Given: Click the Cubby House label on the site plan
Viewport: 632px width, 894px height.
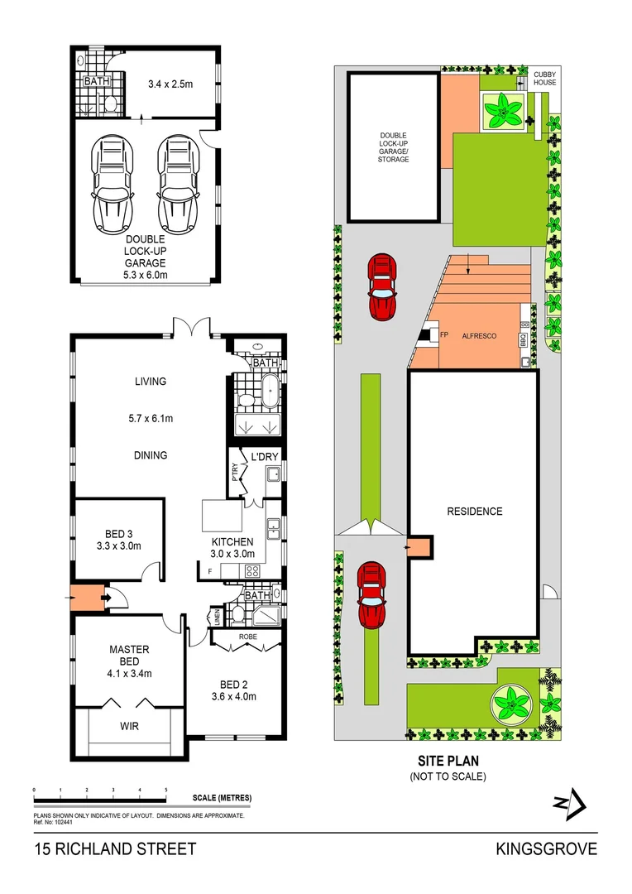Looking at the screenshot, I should (x=544, y=78).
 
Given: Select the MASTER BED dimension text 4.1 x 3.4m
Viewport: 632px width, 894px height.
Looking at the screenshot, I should (x=128, y=673).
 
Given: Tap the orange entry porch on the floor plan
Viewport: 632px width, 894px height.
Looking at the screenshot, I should (x=85, y=596).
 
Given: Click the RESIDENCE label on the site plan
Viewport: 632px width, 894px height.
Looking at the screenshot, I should (x=474, y=512).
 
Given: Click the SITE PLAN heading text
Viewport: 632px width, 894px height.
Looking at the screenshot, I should (x=448, y=761).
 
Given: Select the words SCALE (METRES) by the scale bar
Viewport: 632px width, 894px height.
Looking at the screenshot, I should (x=222, y=798).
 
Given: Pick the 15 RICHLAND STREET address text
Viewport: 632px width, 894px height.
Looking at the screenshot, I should (x=115, y=848).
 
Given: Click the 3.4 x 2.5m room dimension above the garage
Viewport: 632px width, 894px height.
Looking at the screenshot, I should (x=170, y=84).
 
